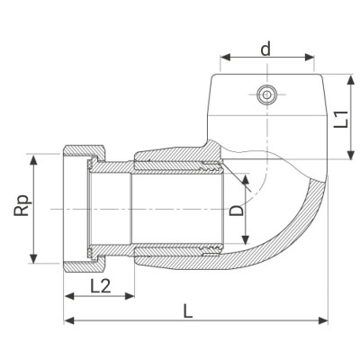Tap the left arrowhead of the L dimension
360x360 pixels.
(66, 321)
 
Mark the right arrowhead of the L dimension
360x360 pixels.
(327, 321)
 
